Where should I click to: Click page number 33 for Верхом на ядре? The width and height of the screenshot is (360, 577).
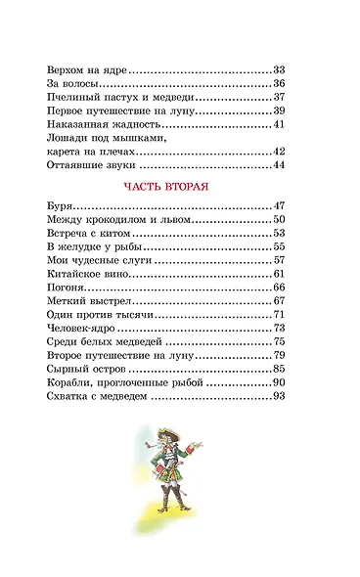278,70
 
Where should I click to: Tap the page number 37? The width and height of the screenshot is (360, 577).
278,98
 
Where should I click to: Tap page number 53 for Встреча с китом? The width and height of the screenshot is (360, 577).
278,235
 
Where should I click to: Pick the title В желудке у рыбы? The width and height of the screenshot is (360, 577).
93,248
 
